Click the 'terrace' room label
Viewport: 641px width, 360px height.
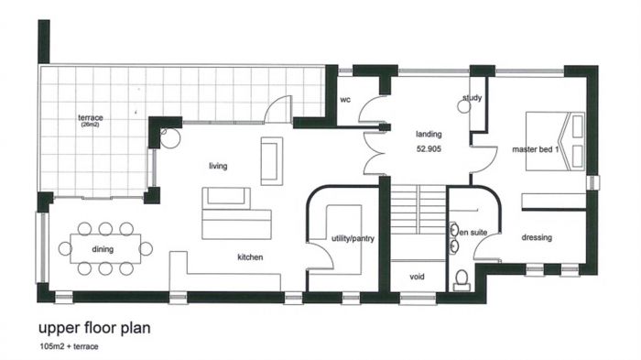(x=91, y=118)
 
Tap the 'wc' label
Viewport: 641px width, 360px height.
(x=345, y=100)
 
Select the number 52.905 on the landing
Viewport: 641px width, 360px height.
(x=429, y=149)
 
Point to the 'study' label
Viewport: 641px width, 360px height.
(x=473, y=98)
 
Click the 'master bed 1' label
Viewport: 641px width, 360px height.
(x=536, y=149)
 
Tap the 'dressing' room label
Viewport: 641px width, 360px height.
(x=537, y=237)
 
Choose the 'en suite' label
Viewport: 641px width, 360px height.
(x=473, y=233)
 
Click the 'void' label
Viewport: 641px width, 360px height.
(x=417, y=277)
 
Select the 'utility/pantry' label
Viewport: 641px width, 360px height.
(x=353, y=238)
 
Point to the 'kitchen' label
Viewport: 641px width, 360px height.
(x=250, y=256)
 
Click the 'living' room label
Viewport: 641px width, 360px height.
(x=218, y=166)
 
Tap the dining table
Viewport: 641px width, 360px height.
(x=105, y=248)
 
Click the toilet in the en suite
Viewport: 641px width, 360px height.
(x=462, y=280)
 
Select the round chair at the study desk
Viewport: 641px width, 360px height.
(x=464, y=107)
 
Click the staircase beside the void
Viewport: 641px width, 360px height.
(x=418, y=210)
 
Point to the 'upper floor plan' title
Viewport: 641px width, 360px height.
(x=94, y=328)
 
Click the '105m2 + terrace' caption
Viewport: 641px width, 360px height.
(x=69, y=346)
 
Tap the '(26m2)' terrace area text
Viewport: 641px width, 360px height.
(x=90, y=125)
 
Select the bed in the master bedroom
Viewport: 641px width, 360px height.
(x=555, y=141)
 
